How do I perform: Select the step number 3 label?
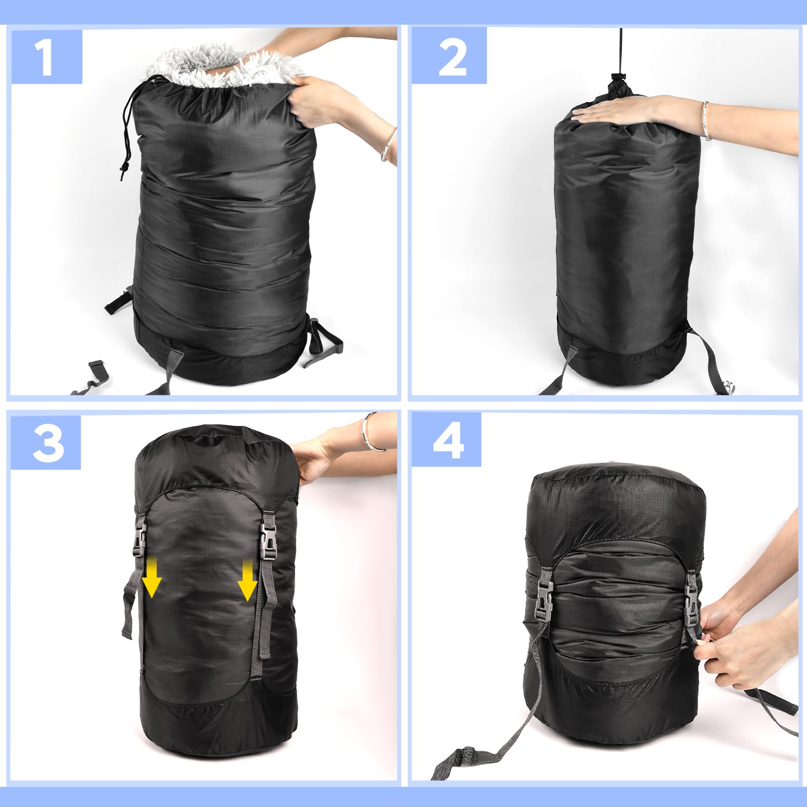46,443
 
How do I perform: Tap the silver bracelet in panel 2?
707,121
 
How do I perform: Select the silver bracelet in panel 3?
372,433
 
